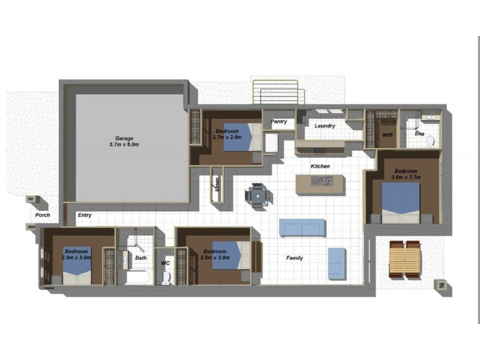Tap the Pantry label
click(x=278, y=122)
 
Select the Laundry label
click(x=324, y=126)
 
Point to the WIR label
click(x=387, y=136)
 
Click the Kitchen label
click(x=320, y=166)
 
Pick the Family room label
click(x=294, y=258)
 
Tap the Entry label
click(x=84, y=215)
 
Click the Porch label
click(x=42, y=215)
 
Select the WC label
click(x=166, y=263)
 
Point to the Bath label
click(x=141, y=258)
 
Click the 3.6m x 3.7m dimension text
click(x=406, y=177)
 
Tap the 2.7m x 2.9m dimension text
click(x=227, y=137)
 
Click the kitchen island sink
click(x=325, y=182)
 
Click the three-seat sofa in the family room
click(x=302, y=227)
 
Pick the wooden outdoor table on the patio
click(x=404, y=259)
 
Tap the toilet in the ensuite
click(x=430, y=141)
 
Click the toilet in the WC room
click(x=166, y=277)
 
